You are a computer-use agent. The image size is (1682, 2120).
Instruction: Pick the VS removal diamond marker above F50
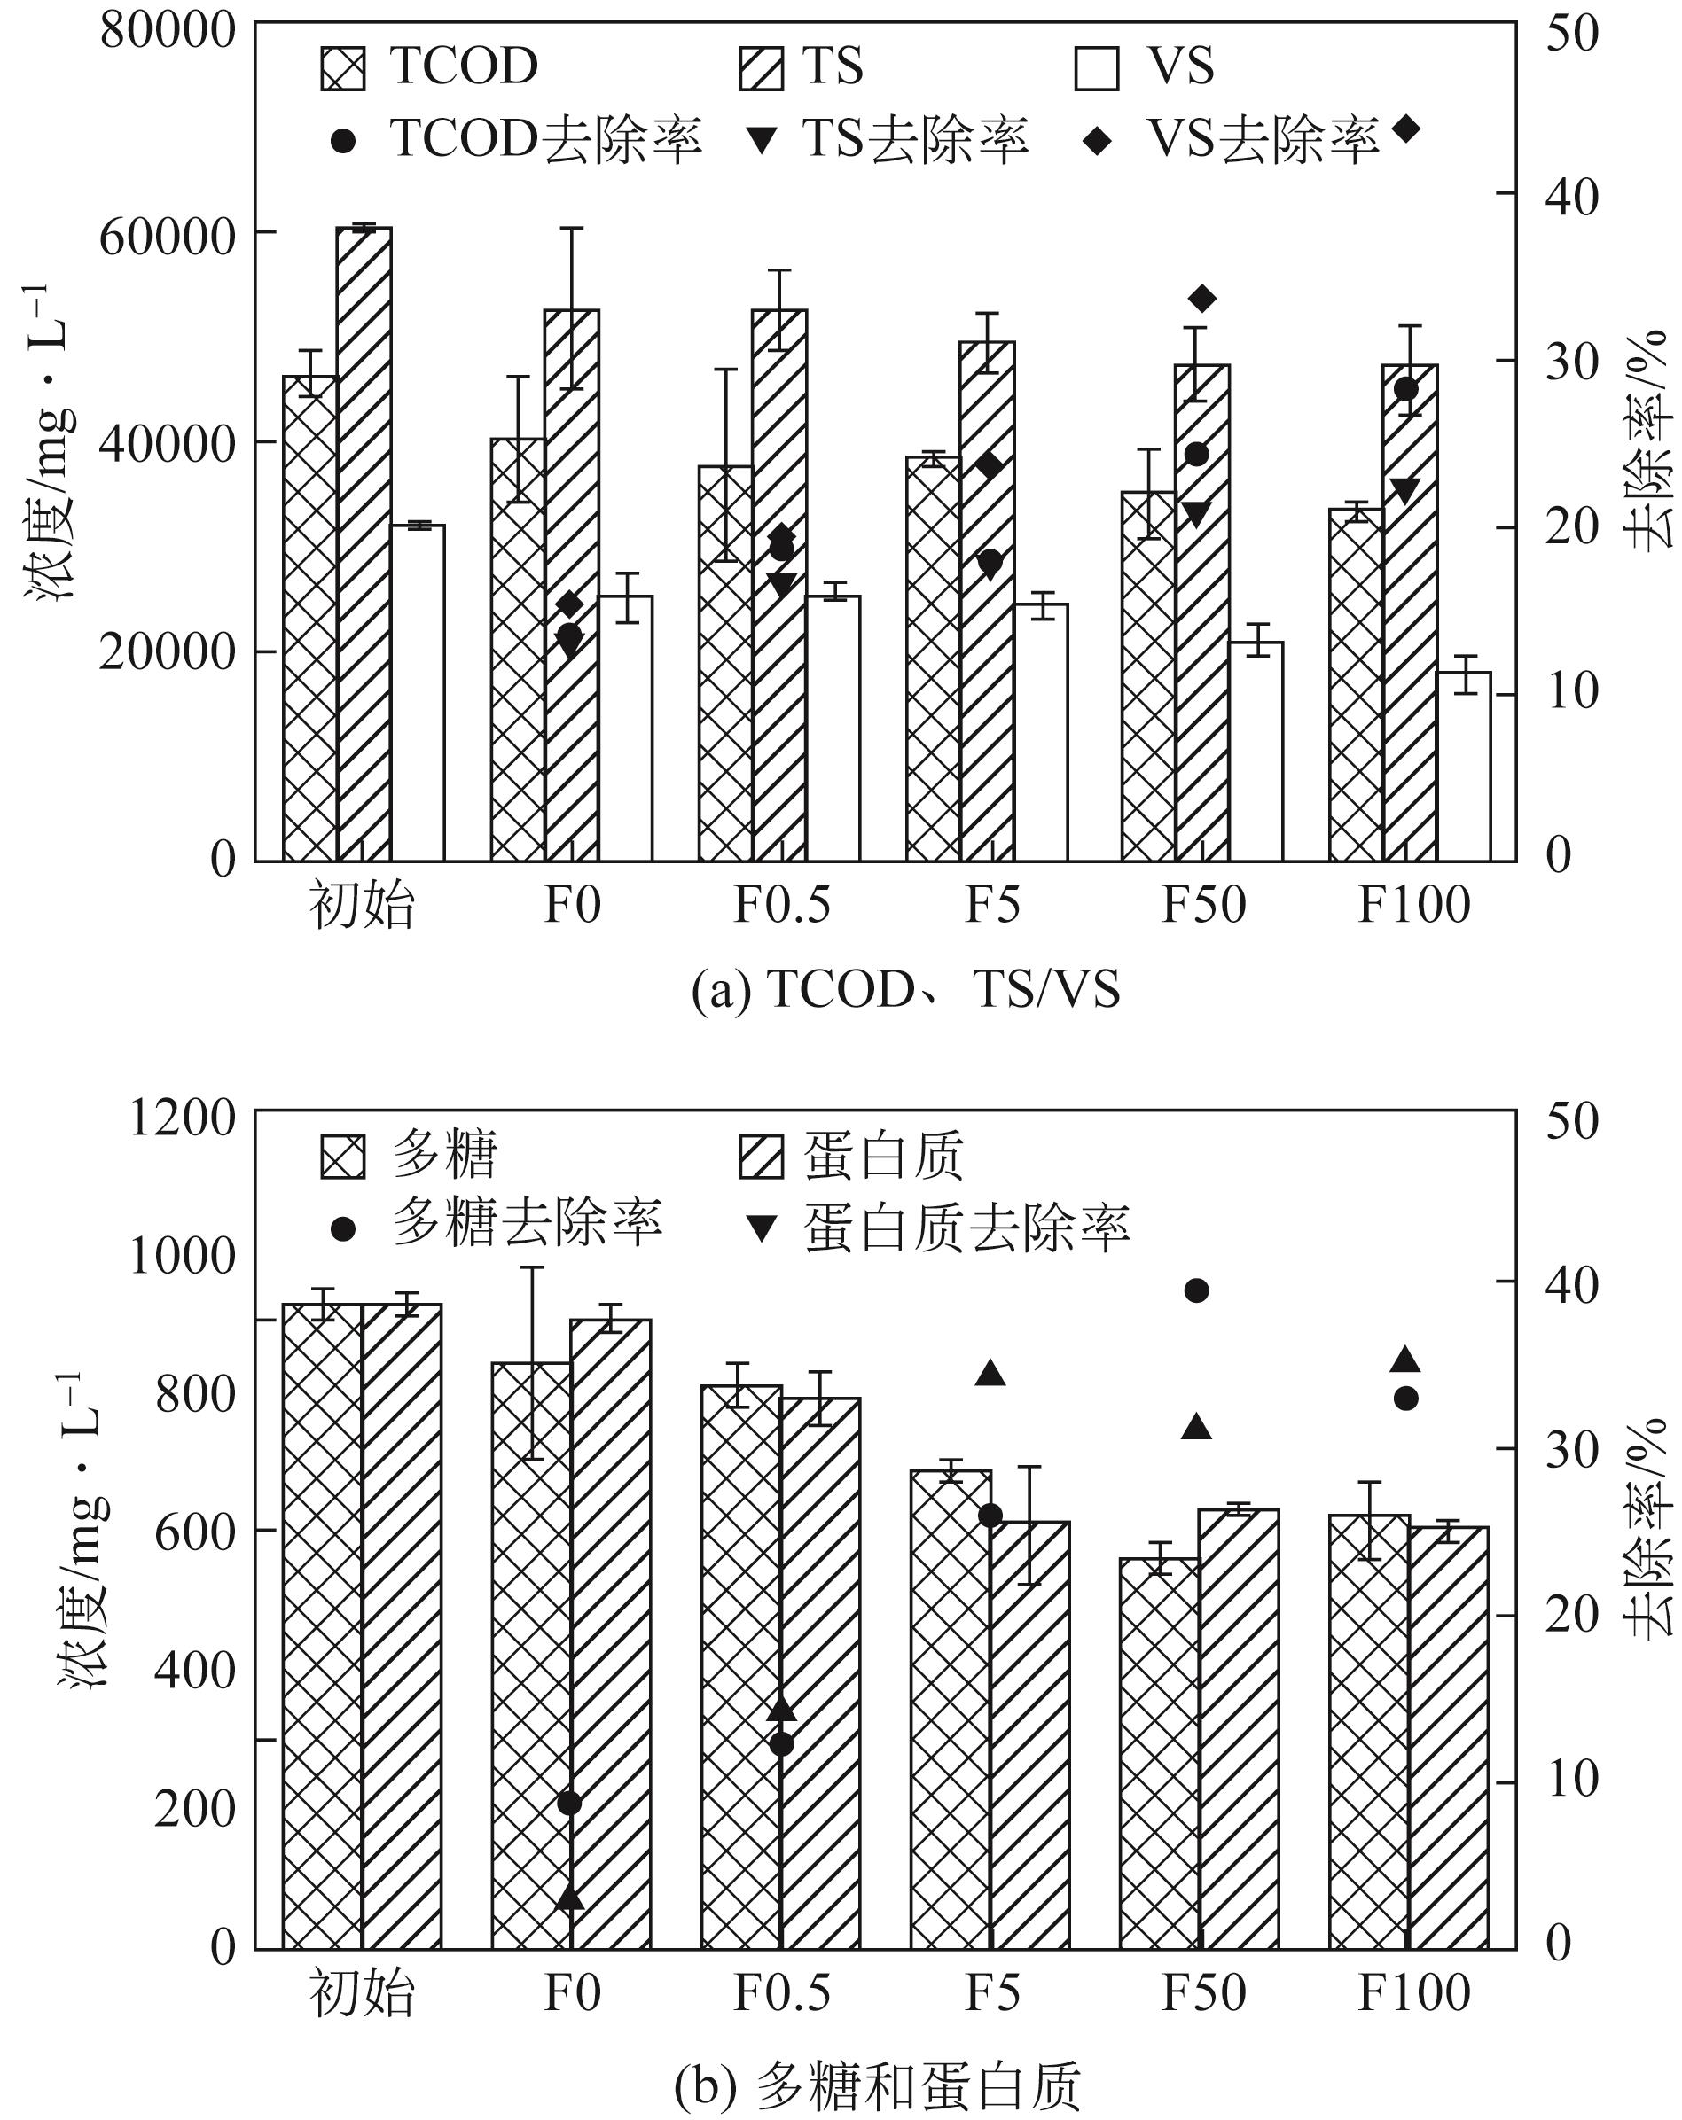coord(1202,299)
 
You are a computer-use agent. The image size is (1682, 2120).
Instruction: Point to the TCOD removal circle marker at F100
coord(1406,389)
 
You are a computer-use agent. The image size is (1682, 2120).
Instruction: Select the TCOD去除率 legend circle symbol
coord(342,141)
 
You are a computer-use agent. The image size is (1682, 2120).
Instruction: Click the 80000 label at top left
coord(168,29)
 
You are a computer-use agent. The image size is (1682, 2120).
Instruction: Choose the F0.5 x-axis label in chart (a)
coord(782,905)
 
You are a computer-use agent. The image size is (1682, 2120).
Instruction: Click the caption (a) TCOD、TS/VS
coord(905,989)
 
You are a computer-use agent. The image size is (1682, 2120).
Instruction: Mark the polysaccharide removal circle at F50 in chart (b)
coord(1197,1291)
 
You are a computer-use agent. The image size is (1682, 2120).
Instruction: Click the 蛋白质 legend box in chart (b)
coord(762,1157)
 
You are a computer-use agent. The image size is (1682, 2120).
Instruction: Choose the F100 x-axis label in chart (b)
coord(1413,1993)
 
